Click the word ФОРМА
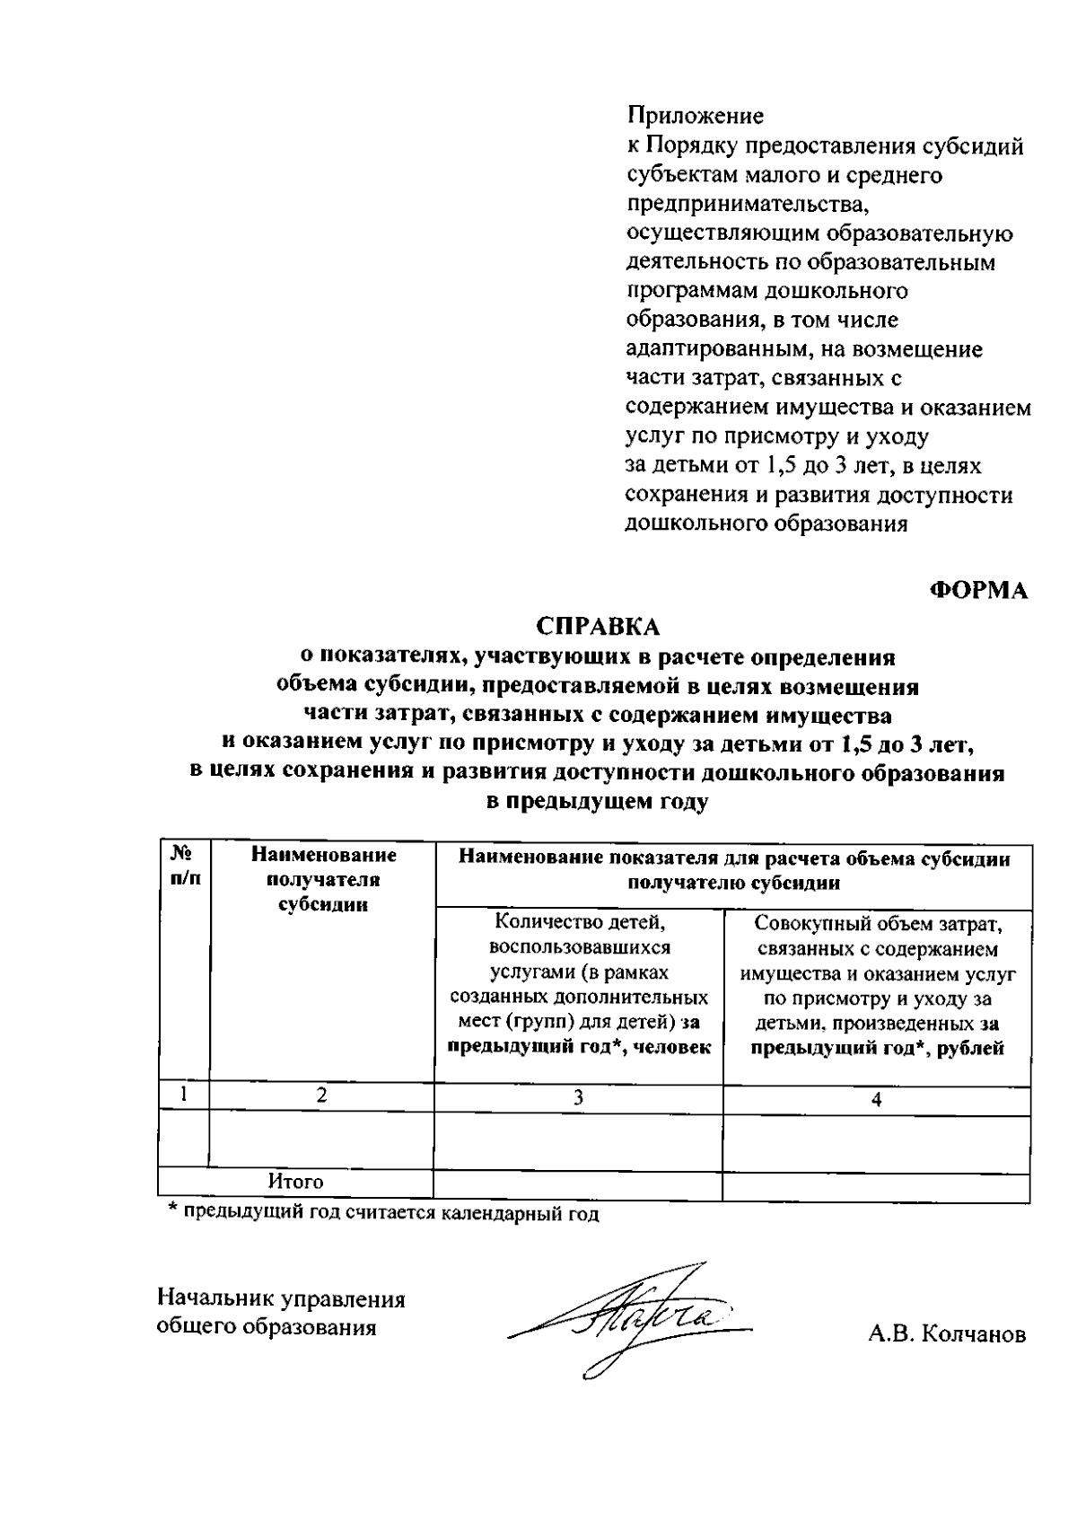tap(978, 591)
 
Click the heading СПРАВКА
tap(598, 626)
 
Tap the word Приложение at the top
tap(695, 116)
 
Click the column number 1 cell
tap(184, 1095)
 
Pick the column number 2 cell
tap(321, 1095)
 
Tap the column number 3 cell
tap(578, 1097)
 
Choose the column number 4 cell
tap(876, 1099)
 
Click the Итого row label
tap(295, 1182)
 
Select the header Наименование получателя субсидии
tap(322, 880)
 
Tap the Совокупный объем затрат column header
tap(876, 985)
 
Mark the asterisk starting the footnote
tap(174, 1212)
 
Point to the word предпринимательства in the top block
tap(748, 205)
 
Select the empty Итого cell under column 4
tap(876, 1184)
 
